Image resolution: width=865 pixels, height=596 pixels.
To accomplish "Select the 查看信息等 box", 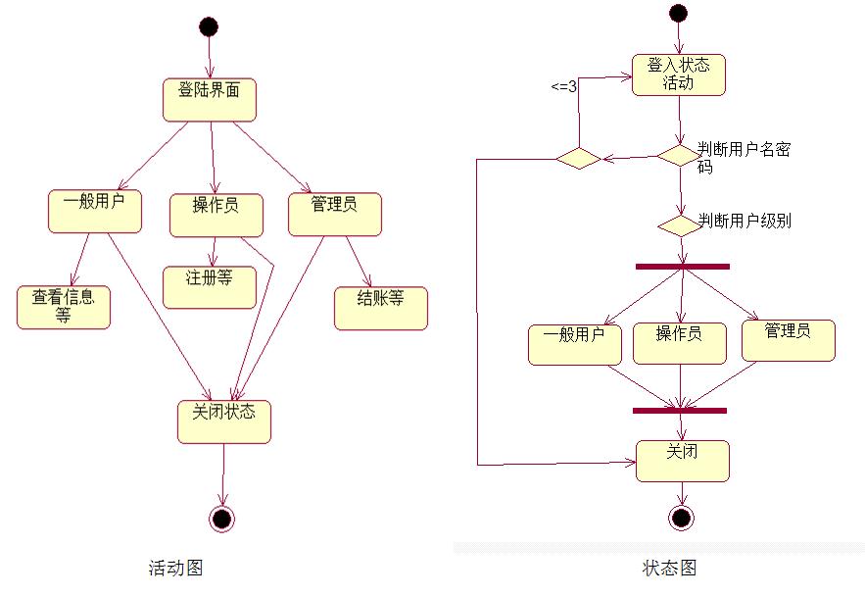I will click(x=64, y=306).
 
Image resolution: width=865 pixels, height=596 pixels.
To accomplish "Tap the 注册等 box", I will click(x=209, y=285).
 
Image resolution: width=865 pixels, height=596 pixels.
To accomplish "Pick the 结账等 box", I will click(x=381, y=307).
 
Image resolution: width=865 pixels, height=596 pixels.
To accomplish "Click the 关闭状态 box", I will click(x=224, y=421).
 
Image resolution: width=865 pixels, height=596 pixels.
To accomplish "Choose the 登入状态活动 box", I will click(x=679, y=74).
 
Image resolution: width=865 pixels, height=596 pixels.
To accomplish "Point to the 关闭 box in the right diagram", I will click(x=683, y=460).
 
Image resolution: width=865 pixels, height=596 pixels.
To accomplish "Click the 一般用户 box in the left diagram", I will click(x=95, y=210).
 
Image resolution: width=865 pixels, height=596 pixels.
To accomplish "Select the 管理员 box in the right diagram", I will click(x=789, y=340).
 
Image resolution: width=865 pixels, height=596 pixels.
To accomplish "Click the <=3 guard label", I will click(x=563, y=86).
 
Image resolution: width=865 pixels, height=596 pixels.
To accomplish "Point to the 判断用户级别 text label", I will click(x=745, y=222).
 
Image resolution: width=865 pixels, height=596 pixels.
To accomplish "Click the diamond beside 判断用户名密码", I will click(x=678, y=156).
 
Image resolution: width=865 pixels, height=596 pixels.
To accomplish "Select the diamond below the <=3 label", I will click(x=578, y=157).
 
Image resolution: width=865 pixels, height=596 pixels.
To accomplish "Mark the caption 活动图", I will click(x=176, y=567).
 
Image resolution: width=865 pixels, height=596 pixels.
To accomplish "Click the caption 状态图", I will click(x=670, y=568).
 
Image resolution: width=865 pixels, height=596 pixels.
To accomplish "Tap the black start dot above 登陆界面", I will click(x=208, y=26).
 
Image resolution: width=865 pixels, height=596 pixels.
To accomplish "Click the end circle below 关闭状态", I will click(x=222, y=518).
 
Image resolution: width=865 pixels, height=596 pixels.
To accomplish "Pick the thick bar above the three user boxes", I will click(x=682, y=266).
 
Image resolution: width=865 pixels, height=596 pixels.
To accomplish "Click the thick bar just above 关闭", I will click(x=680, y=411).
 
